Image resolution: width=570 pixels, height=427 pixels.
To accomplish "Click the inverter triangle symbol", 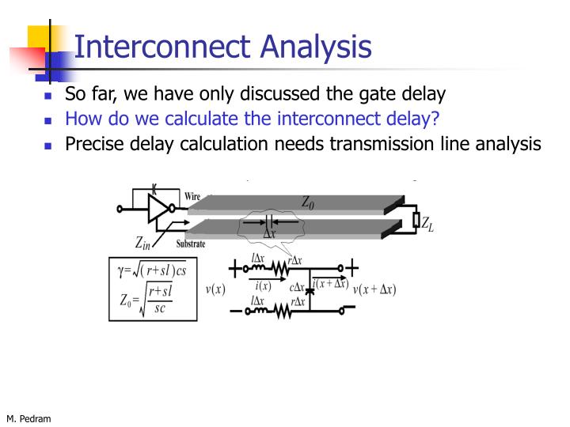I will [x=159, y=209].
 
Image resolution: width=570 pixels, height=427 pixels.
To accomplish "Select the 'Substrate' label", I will [x=191, y=244].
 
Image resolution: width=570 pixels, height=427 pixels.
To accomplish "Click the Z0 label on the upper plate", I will [x=307, y=202].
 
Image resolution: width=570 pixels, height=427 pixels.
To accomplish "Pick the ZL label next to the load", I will [x=427, y=225].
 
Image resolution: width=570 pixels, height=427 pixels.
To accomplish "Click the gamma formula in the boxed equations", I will [x=151, y=271].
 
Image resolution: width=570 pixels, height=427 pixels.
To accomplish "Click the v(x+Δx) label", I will [x=374, y=289].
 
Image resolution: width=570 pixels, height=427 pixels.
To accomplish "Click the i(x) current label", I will [x=263, y=286].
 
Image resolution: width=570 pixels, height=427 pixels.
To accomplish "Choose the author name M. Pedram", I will [x=28, y=418].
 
